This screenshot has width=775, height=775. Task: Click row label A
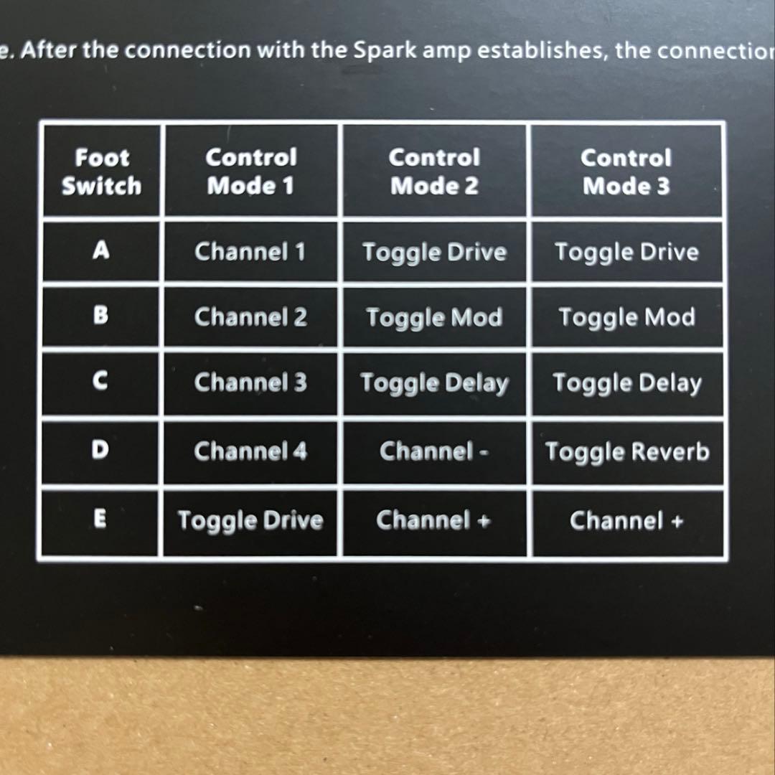(101, 250)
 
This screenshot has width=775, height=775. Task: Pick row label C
(100, 381)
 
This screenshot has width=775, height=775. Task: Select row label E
(100, 519)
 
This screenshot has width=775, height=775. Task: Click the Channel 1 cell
(250, 252)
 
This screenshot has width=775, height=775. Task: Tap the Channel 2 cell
(250, 317)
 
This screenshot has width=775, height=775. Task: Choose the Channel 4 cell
(250, 451)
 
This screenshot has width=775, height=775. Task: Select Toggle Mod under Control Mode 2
(434, 318)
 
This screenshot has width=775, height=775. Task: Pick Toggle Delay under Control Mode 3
(627, 383)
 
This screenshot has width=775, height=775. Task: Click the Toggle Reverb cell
(627, 452)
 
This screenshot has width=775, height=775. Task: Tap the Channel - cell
(434, 451)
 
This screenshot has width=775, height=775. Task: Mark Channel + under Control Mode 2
(433, 520)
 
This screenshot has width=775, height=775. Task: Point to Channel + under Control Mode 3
(626, 521)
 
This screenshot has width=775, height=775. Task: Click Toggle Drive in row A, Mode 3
(626, 253)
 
